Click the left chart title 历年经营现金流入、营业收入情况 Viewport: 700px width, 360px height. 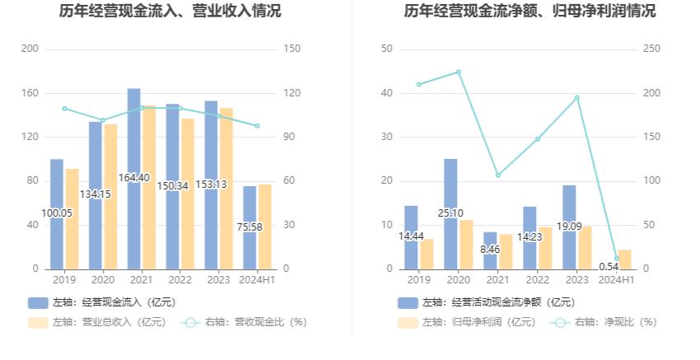coord(170,12)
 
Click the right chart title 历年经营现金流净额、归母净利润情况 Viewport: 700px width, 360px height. coord(530,12)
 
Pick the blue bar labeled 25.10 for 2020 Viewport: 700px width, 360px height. coord(450,213)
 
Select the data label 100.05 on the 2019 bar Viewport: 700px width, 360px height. coord(57,213)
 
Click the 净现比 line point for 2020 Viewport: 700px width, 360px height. coord(459,72)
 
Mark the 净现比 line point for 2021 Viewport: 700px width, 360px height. coord(498,175)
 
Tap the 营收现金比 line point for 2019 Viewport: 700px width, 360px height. coord(64,109)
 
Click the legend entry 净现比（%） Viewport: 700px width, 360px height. coord(605,322)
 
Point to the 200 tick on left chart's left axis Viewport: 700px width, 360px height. coord(30,49)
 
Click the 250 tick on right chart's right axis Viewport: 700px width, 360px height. coord(651,49)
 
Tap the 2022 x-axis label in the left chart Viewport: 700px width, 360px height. coord(180,281)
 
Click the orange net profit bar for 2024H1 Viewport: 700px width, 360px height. coord(624,259)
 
